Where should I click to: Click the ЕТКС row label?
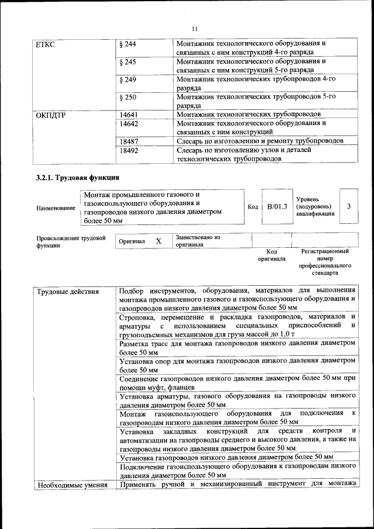pyautogui.click(x=46, y=44)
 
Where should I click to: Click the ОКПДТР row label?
pyautogui.click(x=51, y=115)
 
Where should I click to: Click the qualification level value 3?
pyautogui.click(x=349, y=206)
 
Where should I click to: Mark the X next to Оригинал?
pyautogui.click(x=158, y=241)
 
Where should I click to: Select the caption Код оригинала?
pyautogui.click(x=272, y=254)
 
